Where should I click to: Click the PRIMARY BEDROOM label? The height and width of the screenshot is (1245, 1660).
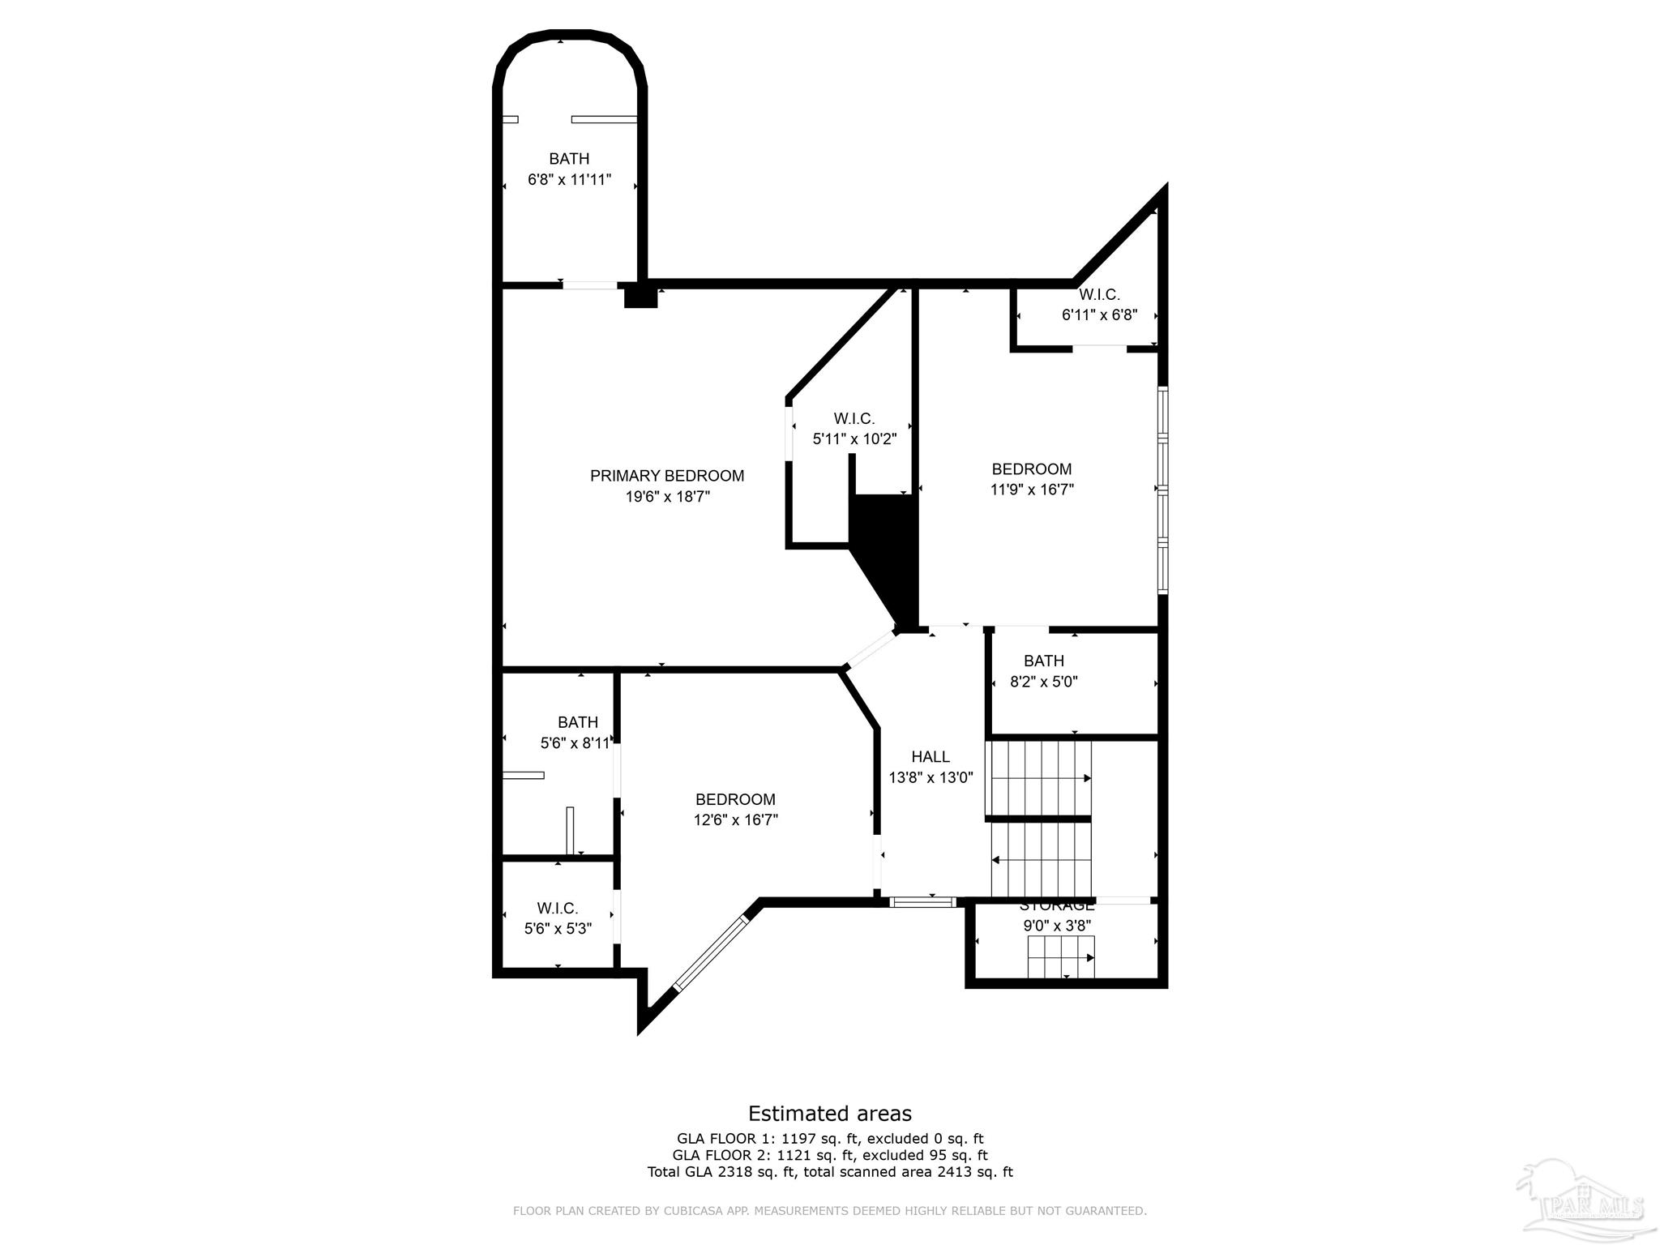click(666, 476)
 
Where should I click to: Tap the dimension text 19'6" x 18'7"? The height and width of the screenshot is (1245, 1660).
click(666, 497)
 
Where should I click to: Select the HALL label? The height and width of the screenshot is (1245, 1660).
click(930, 757)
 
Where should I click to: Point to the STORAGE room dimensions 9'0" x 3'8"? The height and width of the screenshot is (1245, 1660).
click(1056, 926)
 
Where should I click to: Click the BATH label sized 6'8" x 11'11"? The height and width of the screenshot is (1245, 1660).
click(568, 159)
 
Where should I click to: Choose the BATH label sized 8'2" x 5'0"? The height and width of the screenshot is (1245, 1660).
click(1043, 661)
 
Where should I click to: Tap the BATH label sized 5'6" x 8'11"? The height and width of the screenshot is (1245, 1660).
click(577, 722)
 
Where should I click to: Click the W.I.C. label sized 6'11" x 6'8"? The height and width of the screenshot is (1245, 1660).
click(1098, 295)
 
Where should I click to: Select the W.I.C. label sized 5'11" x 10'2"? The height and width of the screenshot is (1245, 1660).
click(854, 419)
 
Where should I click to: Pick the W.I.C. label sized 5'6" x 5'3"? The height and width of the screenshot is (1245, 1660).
click(557, 909)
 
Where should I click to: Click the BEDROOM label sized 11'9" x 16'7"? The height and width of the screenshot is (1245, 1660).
click(1031, 469)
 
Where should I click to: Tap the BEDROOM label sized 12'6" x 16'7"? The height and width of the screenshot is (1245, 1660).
click(735, 799)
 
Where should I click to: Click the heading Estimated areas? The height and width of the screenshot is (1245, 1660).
click(829, 1114)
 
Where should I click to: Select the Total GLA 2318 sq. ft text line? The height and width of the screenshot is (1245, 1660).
click(829, 1172)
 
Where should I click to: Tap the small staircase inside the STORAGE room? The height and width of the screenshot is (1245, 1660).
click(1060, 957)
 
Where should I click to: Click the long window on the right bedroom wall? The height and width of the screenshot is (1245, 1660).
click(1162, 490)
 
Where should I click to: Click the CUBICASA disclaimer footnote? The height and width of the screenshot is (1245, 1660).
click(829, 1211)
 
